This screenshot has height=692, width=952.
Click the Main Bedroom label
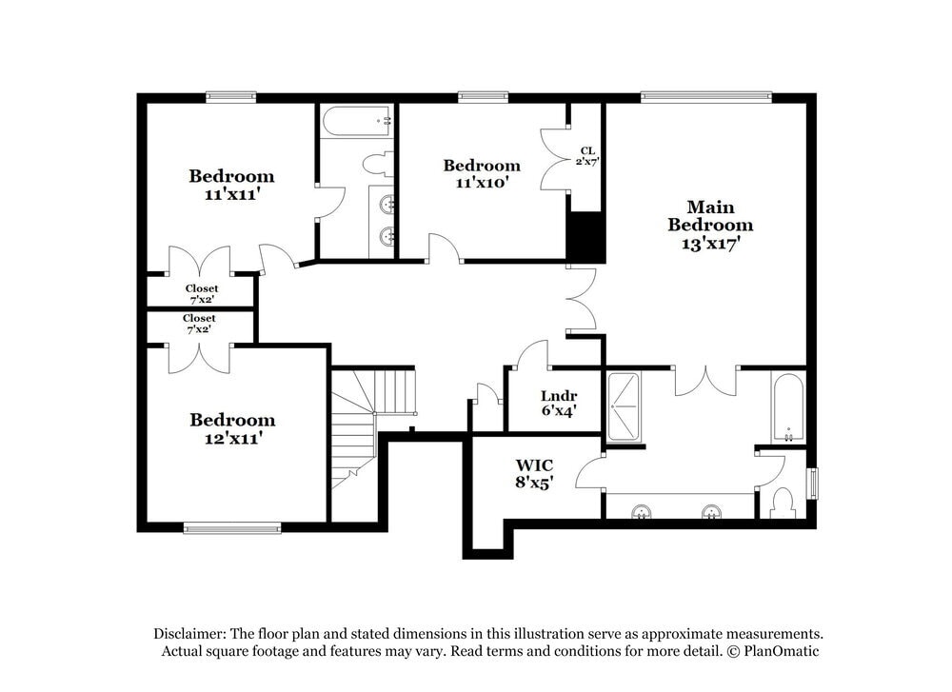709,215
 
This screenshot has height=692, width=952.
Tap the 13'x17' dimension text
709,244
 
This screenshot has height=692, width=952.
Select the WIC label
534,465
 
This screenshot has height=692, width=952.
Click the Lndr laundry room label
558,397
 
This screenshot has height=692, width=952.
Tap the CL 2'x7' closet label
587,156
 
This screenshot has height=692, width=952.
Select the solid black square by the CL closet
585,236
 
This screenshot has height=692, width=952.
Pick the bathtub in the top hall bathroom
356,122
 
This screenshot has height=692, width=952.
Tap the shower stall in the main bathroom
625,407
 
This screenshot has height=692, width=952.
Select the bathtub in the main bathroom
787,408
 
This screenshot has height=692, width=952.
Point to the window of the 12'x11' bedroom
232,527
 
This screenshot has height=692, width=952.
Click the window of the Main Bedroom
705,96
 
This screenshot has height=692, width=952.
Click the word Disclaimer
188,634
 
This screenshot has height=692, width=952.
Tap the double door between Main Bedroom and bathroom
705,377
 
